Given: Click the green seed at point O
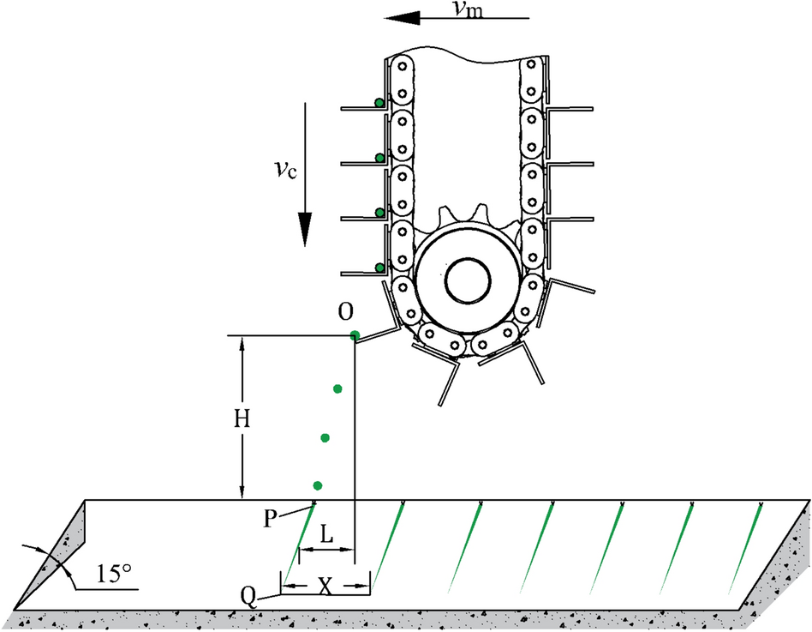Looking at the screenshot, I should click(x=354, y=334).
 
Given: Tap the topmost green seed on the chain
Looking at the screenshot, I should click(x=379, y=103).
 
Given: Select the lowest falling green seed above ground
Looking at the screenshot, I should click(x=318, y=485).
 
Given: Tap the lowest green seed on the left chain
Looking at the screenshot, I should click(x=379, y=268).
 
